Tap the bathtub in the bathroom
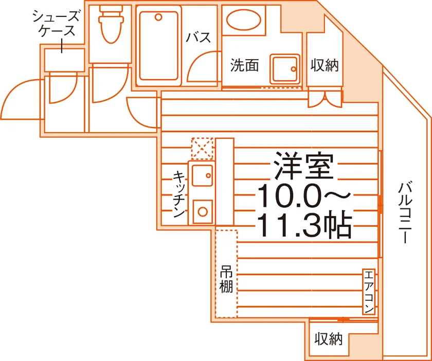click(x=158, y=45)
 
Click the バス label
click(x=199, y=37)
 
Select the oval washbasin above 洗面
click(x=244, y=20)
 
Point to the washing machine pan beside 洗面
click(x=285, y=69)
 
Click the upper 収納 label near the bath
click(x=325, y=66)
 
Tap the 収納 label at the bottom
click(x=329, y=339)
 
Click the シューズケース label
click(x=56, y=24)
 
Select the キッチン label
click(x=179, y=195)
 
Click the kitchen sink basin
click(x=202, y=175)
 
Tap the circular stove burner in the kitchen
click(x=203, y=212)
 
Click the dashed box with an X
click(x=202, y=149)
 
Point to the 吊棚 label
click(x=226, y=279)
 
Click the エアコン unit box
click(x=369, y=292)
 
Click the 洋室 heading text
click(x=304, y=166)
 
